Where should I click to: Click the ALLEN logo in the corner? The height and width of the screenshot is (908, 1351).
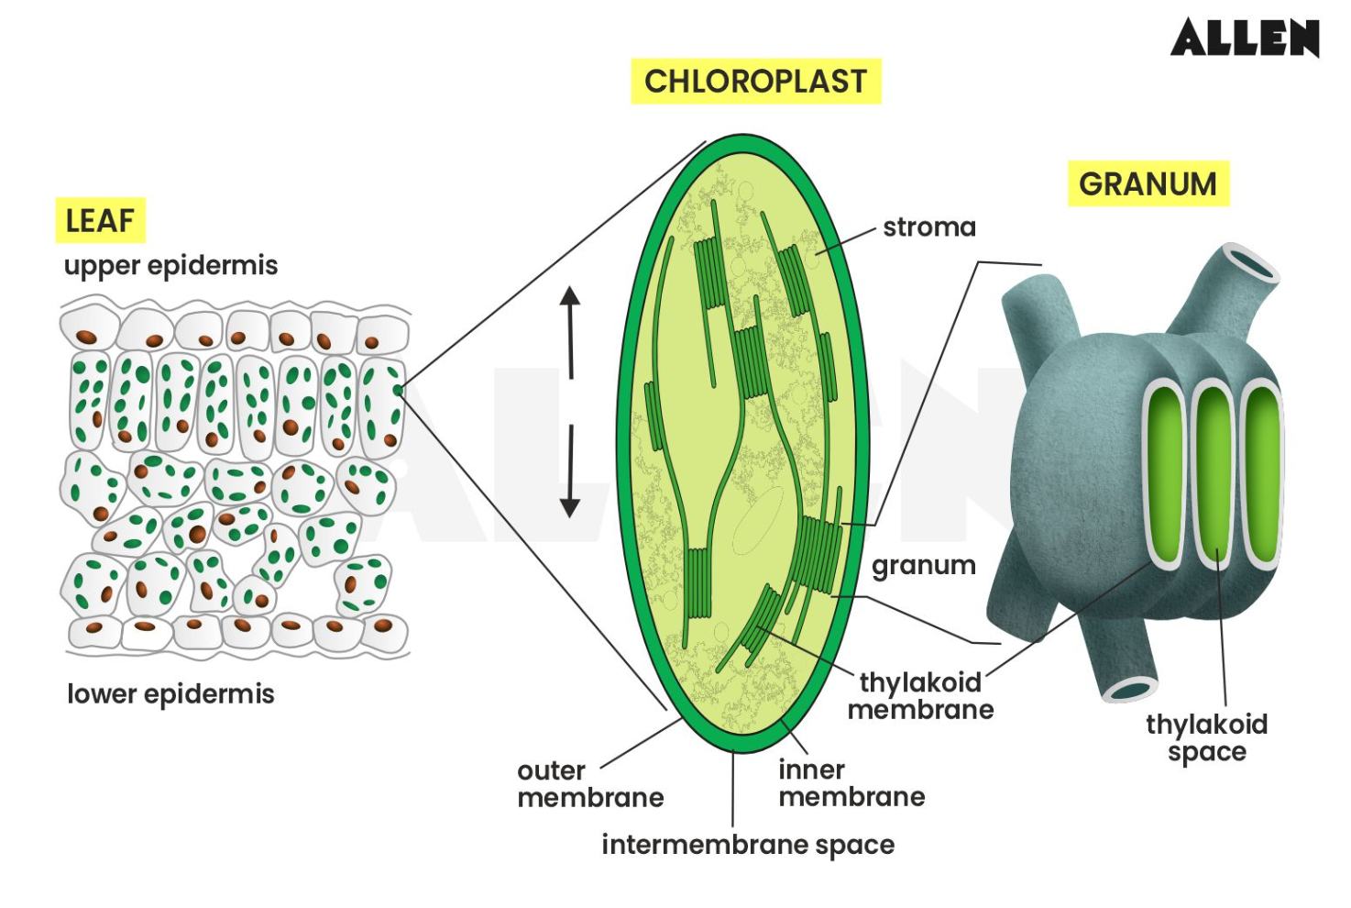(x=1244, y=38)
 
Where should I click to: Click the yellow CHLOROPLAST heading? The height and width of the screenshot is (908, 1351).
(x=755, y=81)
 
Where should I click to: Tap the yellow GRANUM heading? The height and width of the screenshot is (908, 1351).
(x=1147, y=183)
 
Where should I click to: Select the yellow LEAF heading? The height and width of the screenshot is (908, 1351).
(x=100, y=220)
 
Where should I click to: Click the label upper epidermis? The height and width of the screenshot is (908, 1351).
(x=170, y=266)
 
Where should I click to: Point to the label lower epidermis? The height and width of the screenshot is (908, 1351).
(x=170, y=693)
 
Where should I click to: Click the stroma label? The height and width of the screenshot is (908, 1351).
(x=928, y=227)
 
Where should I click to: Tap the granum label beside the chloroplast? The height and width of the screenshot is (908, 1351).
(x=923, y=565)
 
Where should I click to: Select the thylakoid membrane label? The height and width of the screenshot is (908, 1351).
(x=920, y=695)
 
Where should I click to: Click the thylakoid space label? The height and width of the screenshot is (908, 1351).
(x=1206, y=737)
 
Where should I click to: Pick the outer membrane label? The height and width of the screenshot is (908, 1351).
(x=589, y=783)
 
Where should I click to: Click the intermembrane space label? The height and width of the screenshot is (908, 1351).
(x=748, y=845)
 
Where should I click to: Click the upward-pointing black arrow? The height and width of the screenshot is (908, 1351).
(x=570, y=330)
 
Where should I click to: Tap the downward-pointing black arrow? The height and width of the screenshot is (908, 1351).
(x=570, y=471)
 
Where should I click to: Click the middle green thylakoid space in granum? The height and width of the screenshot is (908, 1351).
(x=1213, y=475)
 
